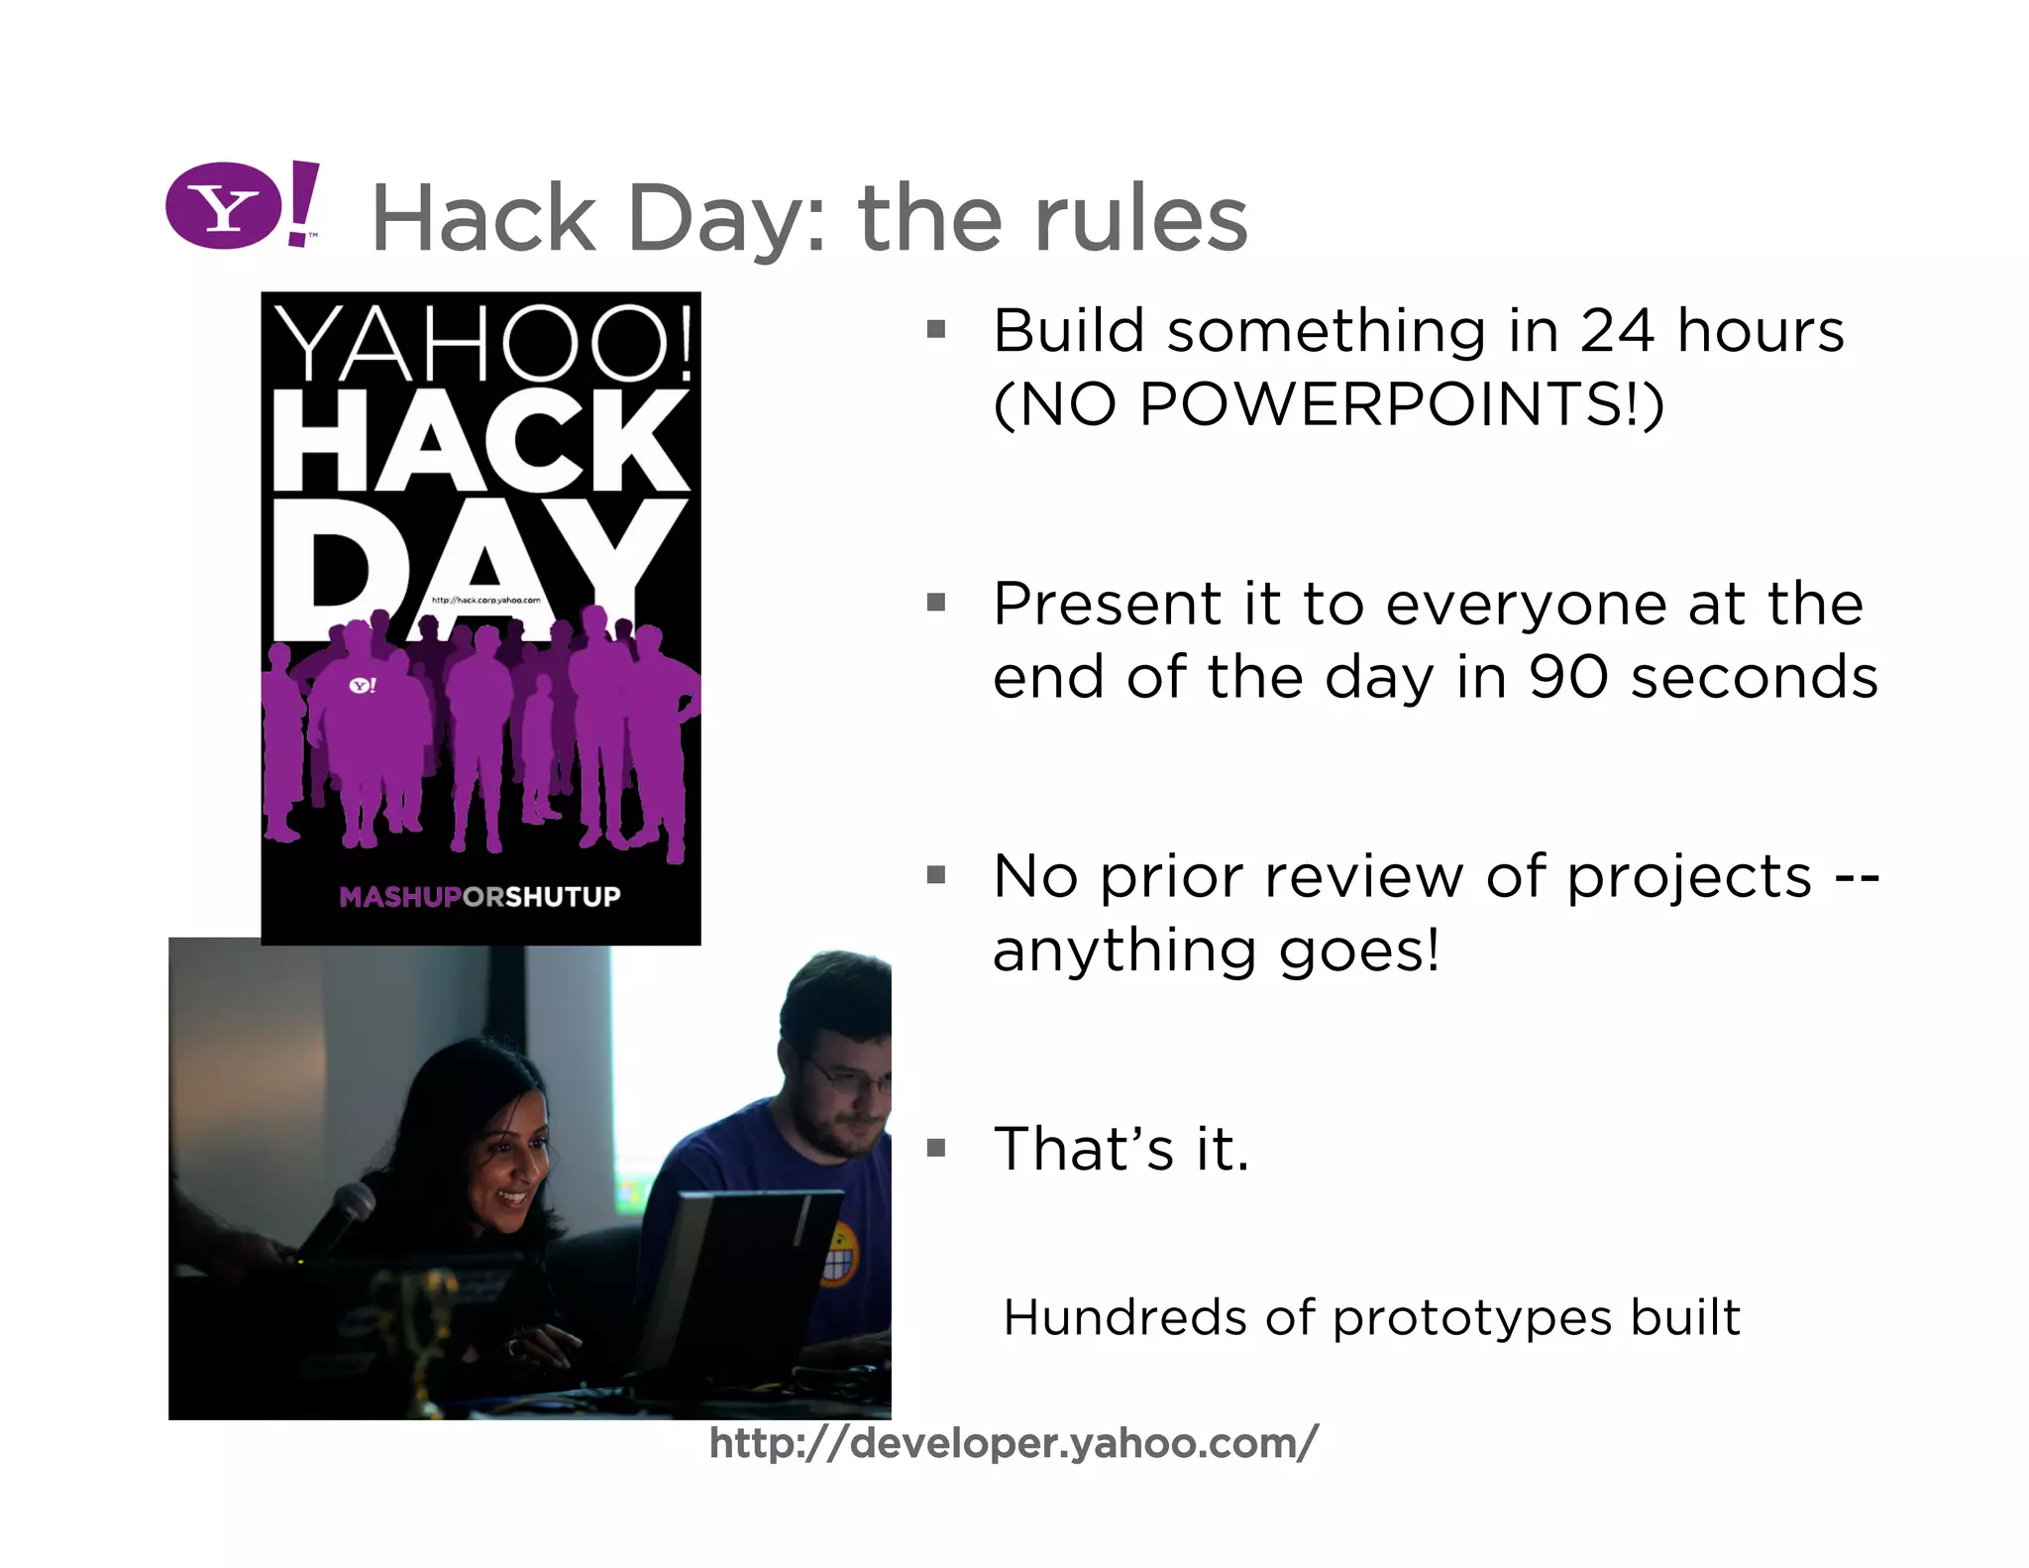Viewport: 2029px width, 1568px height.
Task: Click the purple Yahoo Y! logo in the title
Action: point(241,205)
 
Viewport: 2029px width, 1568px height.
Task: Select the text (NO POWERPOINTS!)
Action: point(1328,404)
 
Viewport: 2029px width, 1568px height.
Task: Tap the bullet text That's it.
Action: point(1121,1149)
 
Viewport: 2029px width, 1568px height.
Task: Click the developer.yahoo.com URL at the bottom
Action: point(1014,1443)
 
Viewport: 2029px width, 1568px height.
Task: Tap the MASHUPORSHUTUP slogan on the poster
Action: point(480,897)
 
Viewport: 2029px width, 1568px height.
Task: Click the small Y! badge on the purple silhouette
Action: point(363,685)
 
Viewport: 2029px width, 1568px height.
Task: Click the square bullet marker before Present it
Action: point(935,603)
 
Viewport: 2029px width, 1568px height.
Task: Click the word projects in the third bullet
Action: point(1688,877)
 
